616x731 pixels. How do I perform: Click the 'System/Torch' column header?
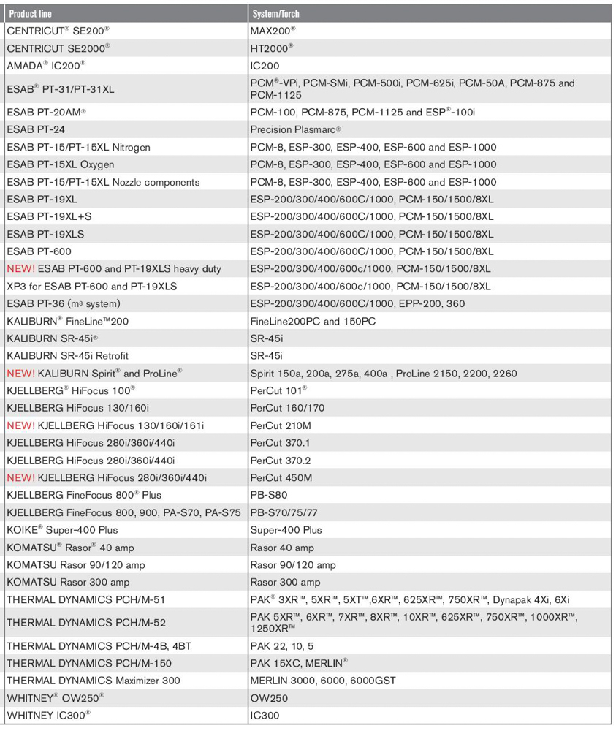tap(275, 13)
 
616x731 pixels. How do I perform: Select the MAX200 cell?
tap(273, 31)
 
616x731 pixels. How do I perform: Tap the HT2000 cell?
tap(271, 48)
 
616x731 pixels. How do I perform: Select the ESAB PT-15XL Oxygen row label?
tap(60, 164)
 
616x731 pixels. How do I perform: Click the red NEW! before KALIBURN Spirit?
tap(20, 374)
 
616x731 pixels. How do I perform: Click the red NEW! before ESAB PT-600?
tap(20, 269)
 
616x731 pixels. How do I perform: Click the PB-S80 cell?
tap(268, 495)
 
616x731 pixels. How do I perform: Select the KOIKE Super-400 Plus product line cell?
tap(61, 530)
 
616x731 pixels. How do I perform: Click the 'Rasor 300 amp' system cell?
tap(285, 582)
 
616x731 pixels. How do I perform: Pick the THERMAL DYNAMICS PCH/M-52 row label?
tap(85, 622)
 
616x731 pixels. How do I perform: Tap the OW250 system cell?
tap(268, 698)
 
